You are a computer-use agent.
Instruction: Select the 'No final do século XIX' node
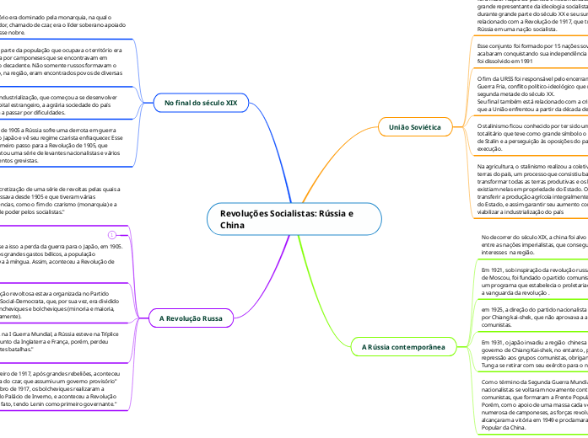196,103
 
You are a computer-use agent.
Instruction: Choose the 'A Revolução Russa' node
191,319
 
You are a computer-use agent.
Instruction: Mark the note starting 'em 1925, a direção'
531,317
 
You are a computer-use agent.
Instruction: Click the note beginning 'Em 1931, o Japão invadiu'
531,355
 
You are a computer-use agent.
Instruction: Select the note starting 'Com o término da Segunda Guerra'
531,403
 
